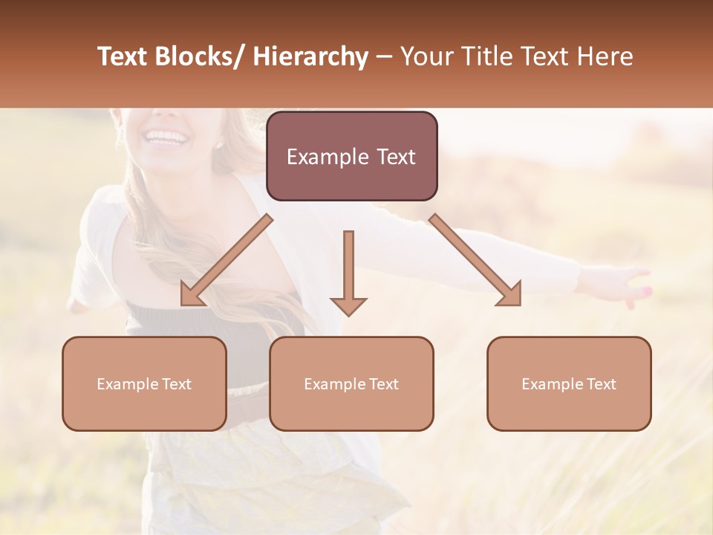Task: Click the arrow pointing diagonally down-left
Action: click(x=226, y=261)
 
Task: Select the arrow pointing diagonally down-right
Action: click(x=475, y=260)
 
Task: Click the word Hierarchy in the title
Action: click(x=310, y=57)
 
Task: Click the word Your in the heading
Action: click(x=426, y=57)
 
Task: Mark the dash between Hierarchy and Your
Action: click(x=385, y=57)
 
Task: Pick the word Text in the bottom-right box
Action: click(x=601, y=384)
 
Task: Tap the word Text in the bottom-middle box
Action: click(x=383, y=384)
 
